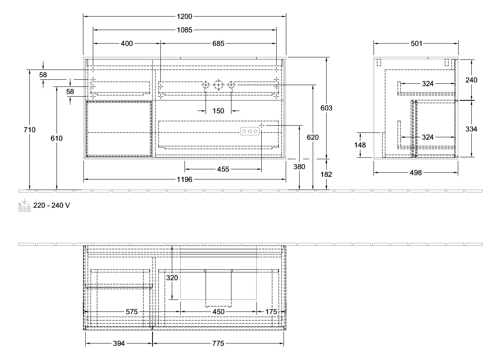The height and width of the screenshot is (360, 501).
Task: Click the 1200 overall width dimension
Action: [x=185, y=16]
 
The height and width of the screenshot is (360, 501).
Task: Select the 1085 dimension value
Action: [x=185, y=30]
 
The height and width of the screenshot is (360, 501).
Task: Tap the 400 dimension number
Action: [x=127, y=43]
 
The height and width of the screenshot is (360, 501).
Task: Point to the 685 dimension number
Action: [x=218, y=43]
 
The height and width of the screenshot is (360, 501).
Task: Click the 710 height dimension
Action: [x=30, y=130]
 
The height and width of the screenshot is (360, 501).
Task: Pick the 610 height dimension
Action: [x=57, y=138]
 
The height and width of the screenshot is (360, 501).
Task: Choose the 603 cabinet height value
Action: [x=326, y=108]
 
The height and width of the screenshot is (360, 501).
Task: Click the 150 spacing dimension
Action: [x=218, y=111]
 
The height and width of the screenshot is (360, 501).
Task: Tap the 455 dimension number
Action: [x=223, y=169]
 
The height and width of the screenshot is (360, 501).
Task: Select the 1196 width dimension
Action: [x=185, y=180]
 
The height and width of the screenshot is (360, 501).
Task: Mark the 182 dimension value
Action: [x=326, y=174]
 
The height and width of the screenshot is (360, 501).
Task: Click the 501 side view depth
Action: [x=416, y=44]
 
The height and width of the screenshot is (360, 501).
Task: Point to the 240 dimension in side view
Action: [x=471, y=80]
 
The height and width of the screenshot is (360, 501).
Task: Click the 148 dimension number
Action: [x=360, y=145]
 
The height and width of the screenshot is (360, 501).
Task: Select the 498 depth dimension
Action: [x=416, y=173]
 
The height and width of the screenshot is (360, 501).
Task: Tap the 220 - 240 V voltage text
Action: [x=52, y=205]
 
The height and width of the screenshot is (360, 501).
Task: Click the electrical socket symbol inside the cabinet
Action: [x=250, y=131]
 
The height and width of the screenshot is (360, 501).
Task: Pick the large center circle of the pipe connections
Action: [x=219, y=85]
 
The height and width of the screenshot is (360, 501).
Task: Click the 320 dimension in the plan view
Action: [x=172, y=278]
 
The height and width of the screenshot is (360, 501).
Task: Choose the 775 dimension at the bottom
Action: [x=218, y=344]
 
